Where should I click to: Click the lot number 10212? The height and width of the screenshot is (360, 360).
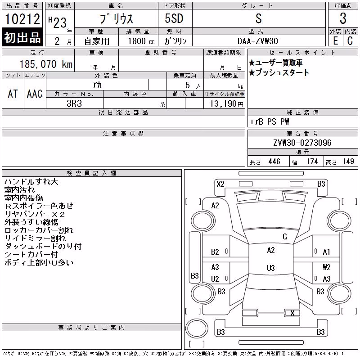pyautogui.click(x=22, y=19)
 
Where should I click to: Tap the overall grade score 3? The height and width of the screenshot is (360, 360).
pyautogui.click(x=343, y=18)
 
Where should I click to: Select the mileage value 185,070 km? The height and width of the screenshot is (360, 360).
pyautogui.click(x=46, y=64)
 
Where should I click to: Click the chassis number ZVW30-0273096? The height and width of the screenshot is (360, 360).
pyautogui.click(x=302, y=143)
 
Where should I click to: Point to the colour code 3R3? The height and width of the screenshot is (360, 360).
pyautogui.click(x=74, y=103)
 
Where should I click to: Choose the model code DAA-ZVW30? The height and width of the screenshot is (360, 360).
pyautogui.click(x=257, y=41)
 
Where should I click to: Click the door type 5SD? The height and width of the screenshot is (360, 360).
pyautogui.click(x=174, y=18)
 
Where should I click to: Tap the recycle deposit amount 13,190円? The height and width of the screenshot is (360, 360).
pyautogui.click(x=227, y=104)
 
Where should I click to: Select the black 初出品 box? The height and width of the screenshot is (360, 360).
pyautogui.click(x=22, y=37)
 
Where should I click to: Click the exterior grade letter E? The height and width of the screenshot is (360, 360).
pyautogui.click(x=336, y=41)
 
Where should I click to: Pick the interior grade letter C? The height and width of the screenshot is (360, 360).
pyautogui.click(x=350, y=41)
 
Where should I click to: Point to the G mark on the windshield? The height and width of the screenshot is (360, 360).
pyautogui.click(x=285, y=237)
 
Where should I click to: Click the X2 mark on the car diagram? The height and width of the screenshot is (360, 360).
pyautogui.click(x=220, y=184)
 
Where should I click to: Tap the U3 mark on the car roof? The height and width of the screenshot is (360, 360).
pyautogui.click(x=271, y=268)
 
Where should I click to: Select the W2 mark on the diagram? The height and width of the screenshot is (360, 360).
pyautogui.click(x=327, y=267)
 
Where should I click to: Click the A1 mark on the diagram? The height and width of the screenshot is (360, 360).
pyautogui.click(x=326, y=252)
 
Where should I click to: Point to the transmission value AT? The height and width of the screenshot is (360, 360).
pyautogui.click(x=13, y=94)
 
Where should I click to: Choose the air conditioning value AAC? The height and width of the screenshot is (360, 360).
pyautogui.click(x=35, y=94)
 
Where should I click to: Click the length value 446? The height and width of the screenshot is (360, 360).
pyautogui.click(x=274, y=162)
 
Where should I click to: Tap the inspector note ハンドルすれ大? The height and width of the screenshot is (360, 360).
pyautogui.click(x=31, y=182)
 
